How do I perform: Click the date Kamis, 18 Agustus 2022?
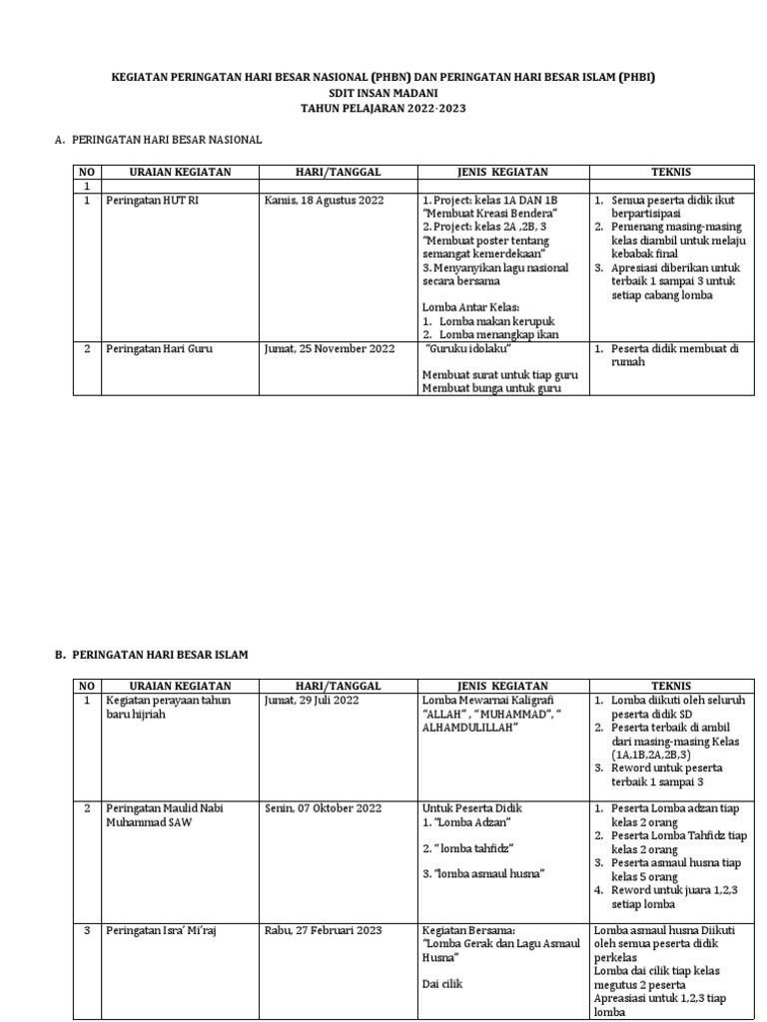(324, 201)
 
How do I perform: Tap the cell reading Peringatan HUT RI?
(152, 201)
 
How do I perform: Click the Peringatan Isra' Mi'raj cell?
(160, 930)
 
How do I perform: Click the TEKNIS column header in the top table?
(671, 172)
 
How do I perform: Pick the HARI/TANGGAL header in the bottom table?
(338, 686)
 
